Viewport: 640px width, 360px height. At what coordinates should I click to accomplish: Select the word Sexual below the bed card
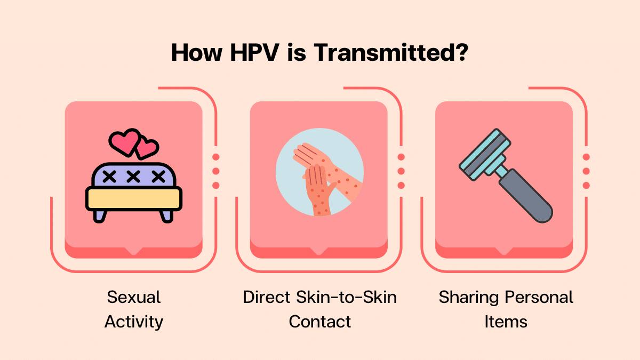pos(133,297)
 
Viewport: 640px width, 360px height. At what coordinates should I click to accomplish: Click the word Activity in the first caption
pos(133,322)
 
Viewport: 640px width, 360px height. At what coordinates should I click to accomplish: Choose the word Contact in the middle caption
pos(320,322)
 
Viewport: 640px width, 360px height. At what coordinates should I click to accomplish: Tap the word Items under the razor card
pos(506,322)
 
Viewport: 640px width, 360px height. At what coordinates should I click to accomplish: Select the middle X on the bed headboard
pos(133,176)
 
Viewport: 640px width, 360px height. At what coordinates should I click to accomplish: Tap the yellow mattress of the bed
pos(133,198)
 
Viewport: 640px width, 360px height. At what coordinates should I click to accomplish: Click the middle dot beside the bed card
pos(216,171)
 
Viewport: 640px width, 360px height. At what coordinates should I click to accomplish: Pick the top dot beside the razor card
pos(586,157)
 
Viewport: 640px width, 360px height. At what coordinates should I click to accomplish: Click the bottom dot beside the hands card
pos(401,185)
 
